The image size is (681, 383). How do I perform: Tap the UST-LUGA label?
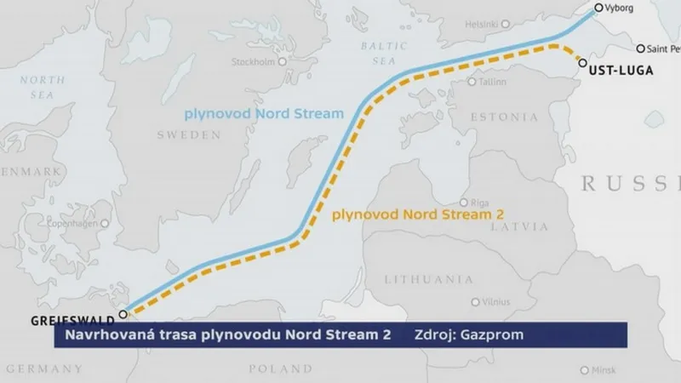(x=621, y=71)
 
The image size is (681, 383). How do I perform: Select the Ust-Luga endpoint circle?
(x=581, y=62)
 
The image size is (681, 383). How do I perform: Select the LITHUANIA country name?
(x=428, y=278)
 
